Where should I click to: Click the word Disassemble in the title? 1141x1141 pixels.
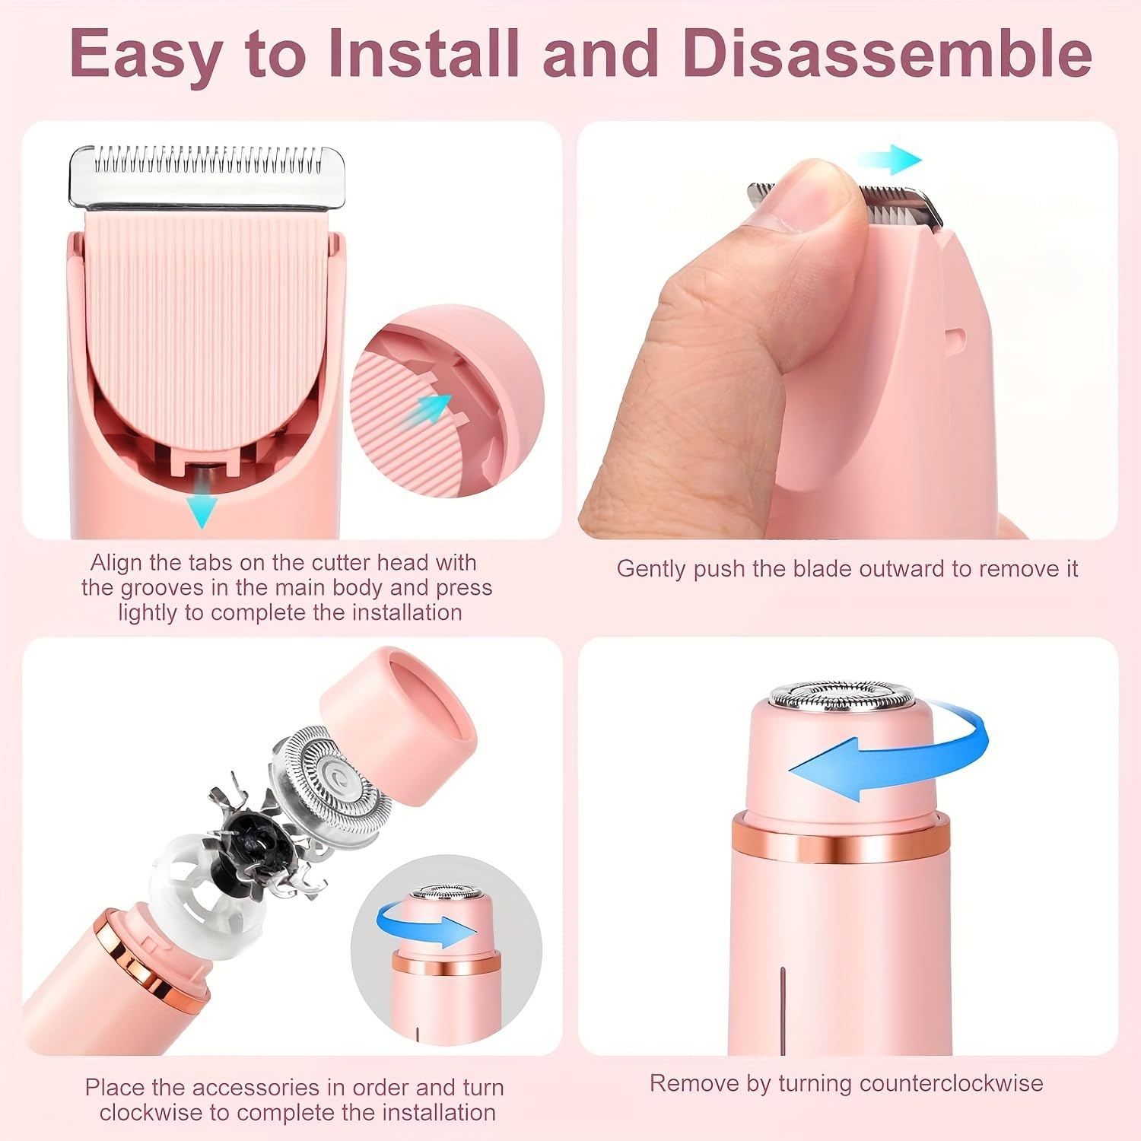point(887,53)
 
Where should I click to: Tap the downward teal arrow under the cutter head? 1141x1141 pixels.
point(202,505)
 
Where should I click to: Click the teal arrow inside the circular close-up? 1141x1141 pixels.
point(434,408)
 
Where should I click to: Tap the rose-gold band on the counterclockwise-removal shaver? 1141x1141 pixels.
point(841,841)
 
